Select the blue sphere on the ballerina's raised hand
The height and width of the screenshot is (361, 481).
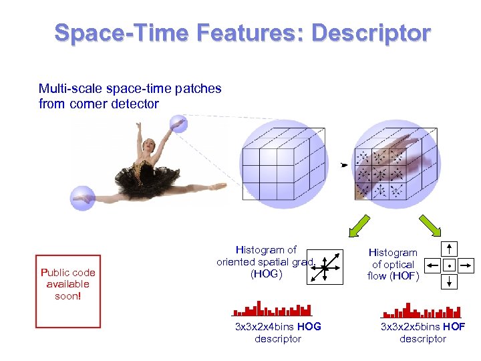178,124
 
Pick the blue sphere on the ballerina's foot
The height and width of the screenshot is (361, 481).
83,198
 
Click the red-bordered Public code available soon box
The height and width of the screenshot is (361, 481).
68,291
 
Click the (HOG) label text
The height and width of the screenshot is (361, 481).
266,274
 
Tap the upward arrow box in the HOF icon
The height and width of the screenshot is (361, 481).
450,249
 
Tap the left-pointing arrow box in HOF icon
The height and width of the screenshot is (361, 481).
433,265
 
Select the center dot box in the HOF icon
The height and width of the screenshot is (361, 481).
450,265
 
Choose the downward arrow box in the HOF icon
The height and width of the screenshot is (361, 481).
450,281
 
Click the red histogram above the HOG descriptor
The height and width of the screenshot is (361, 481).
272,310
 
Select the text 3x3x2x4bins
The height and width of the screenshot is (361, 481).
265,327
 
